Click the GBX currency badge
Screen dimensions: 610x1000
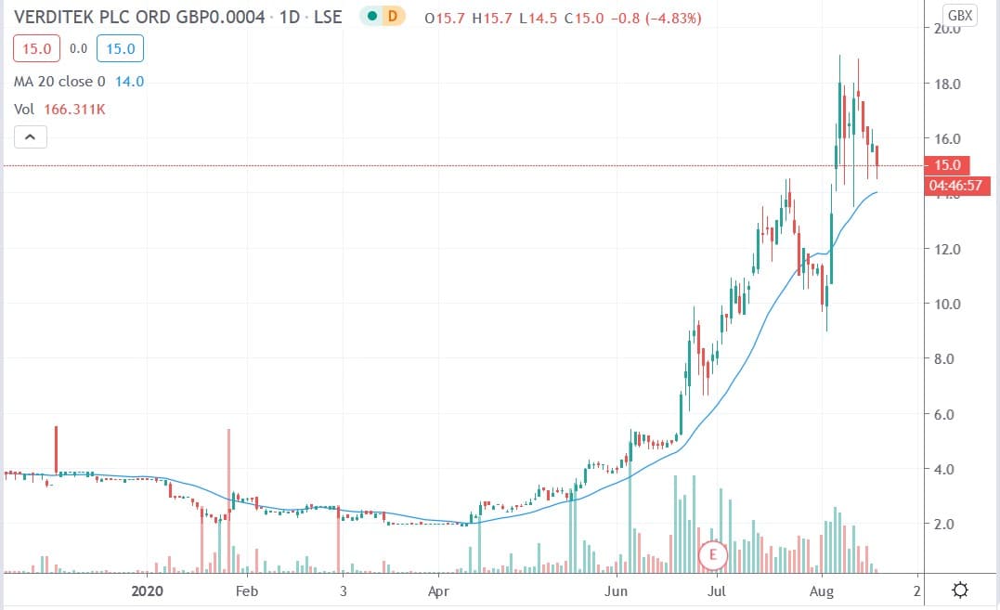coord(959,16)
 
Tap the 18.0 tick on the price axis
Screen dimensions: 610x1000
coord(946,84)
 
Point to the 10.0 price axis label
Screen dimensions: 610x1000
coord(946,305)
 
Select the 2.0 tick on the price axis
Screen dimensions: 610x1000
coord(946,524)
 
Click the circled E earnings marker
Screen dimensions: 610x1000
coord(712,555)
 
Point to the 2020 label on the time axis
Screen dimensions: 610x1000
coord(149,591)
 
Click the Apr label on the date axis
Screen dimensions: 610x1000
coord(438,591)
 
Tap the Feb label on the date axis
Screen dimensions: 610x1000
coord(246,591)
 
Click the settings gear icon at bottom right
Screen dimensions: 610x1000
coord(960,591)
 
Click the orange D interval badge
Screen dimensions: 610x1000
coord(393,18)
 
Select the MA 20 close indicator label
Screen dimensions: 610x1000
coord(65,82)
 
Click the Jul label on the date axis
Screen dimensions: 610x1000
coord(717,591)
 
